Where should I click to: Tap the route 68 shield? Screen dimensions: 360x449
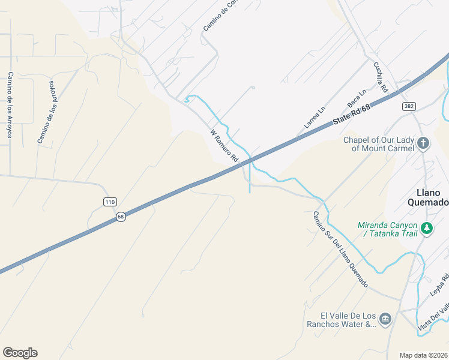pyautogui.click(x=121, y=217)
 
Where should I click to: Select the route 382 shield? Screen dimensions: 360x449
pyautogui.click(x=409, y=106)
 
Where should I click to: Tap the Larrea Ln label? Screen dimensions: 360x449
pyautogui.click(x=314, y=118)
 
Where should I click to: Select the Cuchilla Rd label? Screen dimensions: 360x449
pyautogui.click(x=381, y=78)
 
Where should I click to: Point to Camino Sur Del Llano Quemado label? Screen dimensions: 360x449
pyautogui.click(x=340, y=249)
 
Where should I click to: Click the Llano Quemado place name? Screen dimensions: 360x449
pyautogui.click(x=432, y=197)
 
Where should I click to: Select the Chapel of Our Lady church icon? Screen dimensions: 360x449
pyautogui.click(x=423, y=143)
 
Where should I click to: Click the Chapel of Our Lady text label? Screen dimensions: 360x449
pyautogui.click(x=378, y=144)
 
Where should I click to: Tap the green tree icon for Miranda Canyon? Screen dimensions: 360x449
pyautogui.click(x=427, y=228)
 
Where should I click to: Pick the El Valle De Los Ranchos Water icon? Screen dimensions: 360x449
pyautogui.click(x=385, y=318)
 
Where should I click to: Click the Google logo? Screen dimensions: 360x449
pyautogui.click(x=20, y=353)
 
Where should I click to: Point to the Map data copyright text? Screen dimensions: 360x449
pyautogui.click(x=424, y=355)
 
